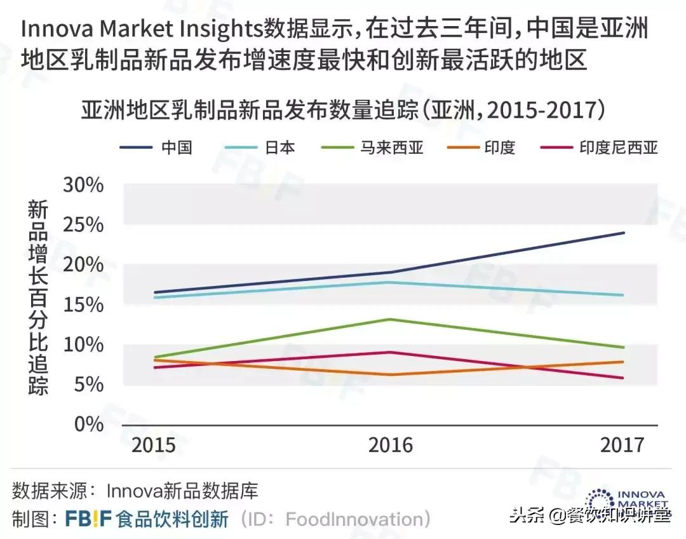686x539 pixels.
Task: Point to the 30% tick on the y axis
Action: coord(83,185)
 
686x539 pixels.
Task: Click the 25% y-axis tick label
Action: coord(83,225)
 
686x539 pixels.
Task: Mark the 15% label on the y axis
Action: coord(83,304)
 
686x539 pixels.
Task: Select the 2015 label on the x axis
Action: coord(154,444)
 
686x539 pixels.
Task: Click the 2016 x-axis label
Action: coord(390,444)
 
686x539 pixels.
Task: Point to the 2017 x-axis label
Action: coord(622,444)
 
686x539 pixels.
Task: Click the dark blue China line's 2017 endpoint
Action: coord(624,233)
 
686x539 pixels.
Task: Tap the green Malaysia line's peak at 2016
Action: coord(389,319)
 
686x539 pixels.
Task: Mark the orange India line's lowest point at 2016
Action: coord(389,374)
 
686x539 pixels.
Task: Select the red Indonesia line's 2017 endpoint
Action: coord(624,378)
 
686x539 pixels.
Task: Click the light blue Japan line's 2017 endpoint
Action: coord(624,295)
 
